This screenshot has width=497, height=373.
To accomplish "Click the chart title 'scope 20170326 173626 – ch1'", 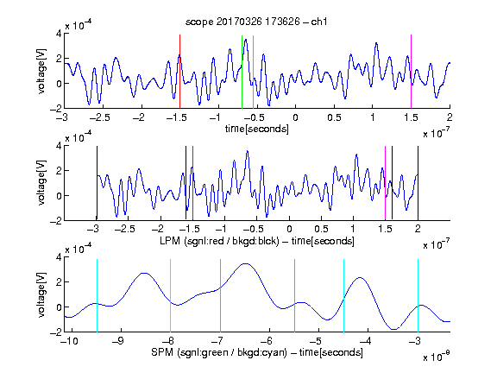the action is point(256,22).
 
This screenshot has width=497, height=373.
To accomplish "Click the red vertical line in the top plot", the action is point(179,72).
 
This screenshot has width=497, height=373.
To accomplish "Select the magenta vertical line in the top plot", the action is point(411,72).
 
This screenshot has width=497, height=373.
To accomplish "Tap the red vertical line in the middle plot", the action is point(192,183).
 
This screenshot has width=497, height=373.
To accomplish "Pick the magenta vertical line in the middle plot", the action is point(385,183).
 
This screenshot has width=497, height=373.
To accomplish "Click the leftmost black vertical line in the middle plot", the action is point(97,183).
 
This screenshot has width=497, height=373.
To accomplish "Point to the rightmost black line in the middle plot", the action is point(418,183).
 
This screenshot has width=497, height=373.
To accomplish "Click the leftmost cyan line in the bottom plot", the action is point(97,295).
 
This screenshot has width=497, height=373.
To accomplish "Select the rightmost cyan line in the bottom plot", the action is point(418,295).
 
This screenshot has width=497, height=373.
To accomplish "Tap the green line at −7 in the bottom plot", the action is point(220,295).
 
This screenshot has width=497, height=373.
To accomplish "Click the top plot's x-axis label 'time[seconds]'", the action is point(257,130).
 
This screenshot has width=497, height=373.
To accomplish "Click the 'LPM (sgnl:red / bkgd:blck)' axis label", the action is point(219,241).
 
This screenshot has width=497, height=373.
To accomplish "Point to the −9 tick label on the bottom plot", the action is point(117,341).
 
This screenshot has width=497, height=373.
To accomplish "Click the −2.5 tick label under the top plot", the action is point(99,117).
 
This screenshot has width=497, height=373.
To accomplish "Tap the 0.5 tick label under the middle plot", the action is point(321,229).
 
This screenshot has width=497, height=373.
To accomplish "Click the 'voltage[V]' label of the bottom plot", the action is point(41,295).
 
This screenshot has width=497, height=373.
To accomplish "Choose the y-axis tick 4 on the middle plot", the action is point(59,146).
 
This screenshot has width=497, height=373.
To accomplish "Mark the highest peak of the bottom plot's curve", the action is point(246,263).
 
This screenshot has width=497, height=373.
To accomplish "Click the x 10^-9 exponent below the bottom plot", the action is point(437,356).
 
